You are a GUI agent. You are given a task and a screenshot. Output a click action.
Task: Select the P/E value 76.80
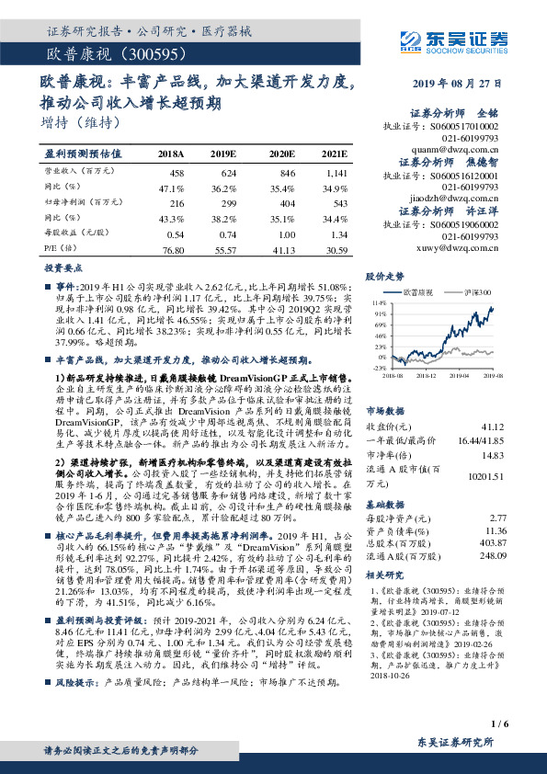(172, 250)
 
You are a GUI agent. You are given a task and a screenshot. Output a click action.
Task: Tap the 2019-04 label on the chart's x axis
(459, 375)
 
